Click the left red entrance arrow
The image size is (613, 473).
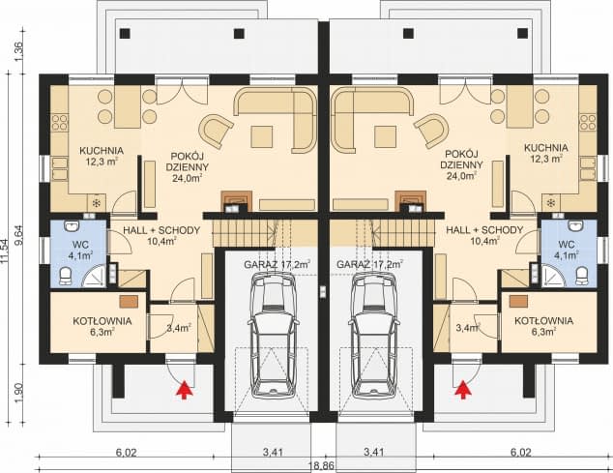pos(185,389)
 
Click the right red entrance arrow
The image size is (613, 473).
pos(464,389)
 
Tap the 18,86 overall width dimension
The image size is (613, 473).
pos(322,465)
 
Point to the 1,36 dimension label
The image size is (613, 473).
pos(18,51)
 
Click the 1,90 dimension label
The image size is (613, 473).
pos(18,393)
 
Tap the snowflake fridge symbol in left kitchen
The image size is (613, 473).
pos(96,202)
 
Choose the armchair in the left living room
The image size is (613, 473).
pos(216,131)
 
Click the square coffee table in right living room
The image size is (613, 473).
pos(385,136)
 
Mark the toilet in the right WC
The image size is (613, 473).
pos(582,276)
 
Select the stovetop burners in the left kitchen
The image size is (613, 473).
pos(59,122)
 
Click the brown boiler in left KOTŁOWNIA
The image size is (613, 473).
pos(129,301)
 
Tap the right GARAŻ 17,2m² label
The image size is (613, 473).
pos(370,264)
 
